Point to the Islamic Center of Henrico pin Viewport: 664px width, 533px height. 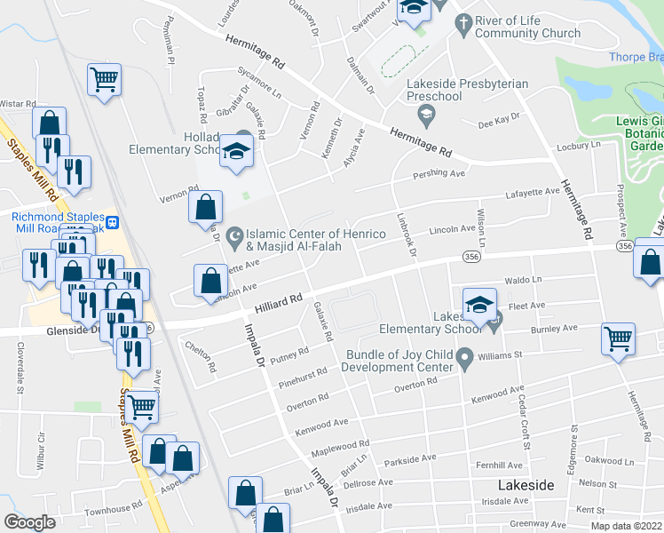tap(233, 236)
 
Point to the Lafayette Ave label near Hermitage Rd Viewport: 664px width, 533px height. tap(532, 194)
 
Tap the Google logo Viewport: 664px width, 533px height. tap(30, 522)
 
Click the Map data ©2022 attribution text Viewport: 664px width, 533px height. tap(626, 526)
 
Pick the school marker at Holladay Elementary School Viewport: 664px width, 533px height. tap(237, 152)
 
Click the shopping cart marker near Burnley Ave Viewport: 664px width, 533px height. tap(618, 338)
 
